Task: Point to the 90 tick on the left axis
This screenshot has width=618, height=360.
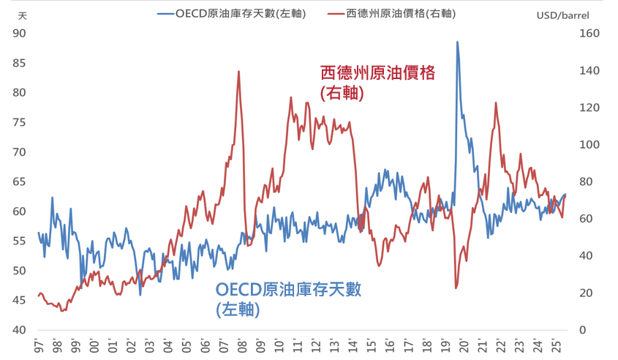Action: coord(20,33)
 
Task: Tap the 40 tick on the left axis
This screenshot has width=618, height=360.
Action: coord(20,330)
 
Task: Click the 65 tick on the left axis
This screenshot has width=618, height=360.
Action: coord(20,181)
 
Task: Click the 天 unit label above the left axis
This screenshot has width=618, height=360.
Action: coord(23,15)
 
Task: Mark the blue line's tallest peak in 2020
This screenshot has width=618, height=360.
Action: coord(458,42)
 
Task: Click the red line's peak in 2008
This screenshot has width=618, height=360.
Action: coord(238,72)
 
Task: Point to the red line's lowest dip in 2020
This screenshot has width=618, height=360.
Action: coord(456,288)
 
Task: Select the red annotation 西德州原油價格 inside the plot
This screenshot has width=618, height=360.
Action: coord(377,73)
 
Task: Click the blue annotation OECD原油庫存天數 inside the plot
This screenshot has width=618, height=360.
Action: coord(289,289)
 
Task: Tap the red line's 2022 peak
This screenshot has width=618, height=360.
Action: coord(496,103)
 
